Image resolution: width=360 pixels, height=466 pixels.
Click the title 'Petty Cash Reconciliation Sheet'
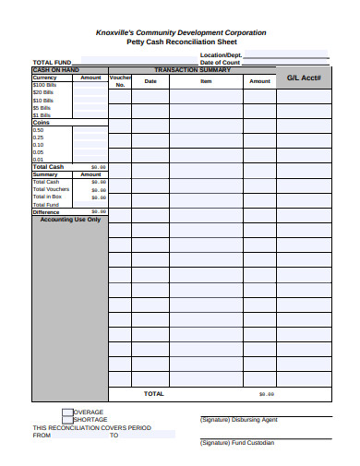(181, 42)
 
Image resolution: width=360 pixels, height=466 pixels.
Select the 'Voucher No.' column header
(120, 81)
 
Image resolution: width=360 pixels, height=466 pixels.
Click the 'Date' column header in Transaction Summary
(150, 81)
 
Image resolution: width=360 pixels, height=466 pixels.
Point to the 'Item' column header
(206, 81)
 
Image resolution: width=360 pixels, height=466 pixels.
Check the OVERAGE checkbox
(67, 412)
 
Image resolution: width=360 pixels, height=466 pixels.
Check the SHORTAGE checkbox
(67, 420)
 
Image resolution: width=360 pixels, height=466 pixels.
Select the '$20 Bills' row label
(42, 92)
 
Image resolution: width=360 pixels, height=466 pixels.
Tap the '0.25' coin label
(38, 137)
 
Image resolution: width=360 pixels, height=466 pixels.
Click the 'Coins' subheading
(42, 123)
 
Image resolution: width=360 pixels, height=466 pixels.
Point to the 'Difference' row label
(46, 212)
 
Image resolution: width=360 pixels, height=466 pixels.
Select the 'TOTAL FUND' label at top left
(52, 63)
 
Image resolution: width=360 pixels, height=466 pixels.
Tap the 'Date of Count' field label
(221, 63)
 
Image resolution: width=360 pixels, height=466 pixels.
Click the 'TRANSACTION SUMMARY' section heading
(192, 70)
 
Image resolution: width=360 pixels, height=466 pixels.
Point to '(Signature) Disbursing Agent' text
(238, 420)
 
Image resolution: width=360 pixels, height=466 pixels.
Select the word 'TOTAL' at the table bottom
(153, 393)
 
